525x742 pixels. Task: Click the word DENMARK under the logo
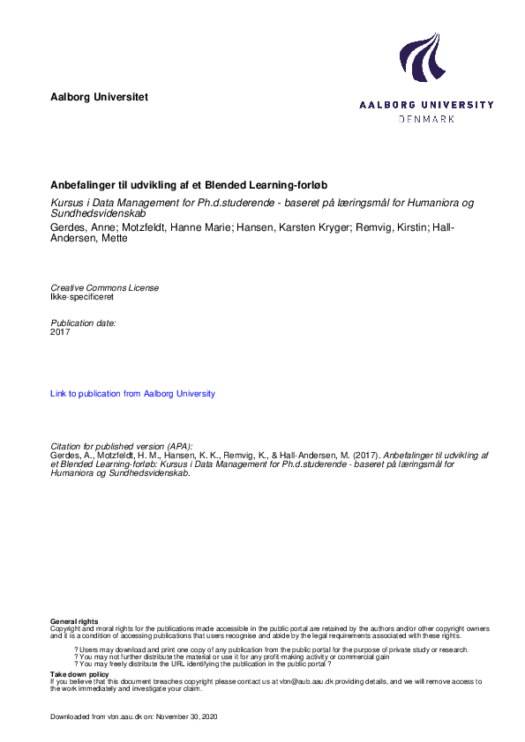[427, 118]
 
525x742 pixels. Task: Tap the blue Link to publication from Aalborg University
[132, 394]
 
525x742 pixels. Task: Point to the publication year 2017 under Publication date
[60, 332]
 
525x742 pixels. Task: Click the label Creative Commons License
[105, 288]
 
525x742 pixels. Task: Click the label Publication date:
[83, 323]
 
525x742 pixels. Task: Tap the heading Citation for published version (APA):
[121, 446]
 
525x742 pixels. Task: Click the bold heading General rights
[74, 621]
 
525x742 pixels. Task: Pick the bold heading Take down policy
[79, 674]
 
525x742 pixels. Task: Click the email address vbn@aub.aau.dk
[306, 682]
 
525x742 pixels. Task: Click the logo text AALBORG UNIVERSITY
[427, 104]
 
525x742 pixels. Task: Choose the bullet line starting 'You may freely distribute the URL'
[209, 664]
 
